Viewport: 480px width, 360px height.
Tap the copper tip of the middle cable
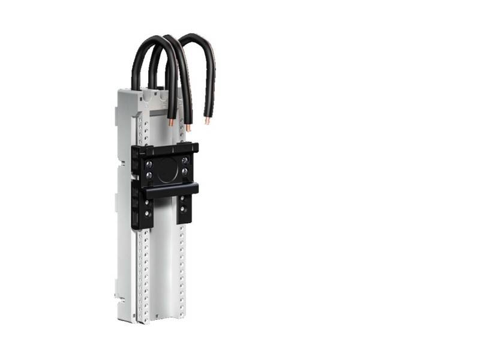point(188,127)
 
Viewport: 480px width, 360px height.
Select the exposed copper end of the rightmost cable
point(208,121)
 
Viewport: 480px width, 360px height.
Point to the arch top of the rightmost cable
point(196,37)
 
